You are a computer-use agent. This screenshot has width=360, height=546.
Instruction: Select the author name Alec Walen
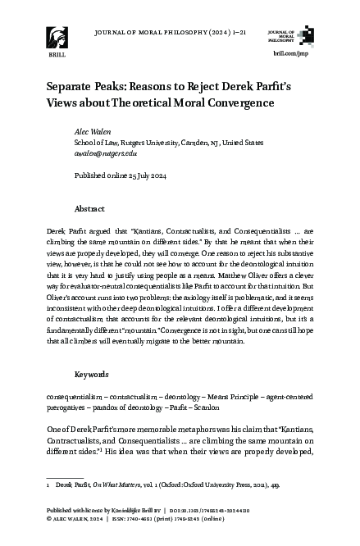[89, 130]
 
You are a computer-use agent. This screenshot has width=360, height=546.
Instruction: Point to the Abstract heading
[89, 208]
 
